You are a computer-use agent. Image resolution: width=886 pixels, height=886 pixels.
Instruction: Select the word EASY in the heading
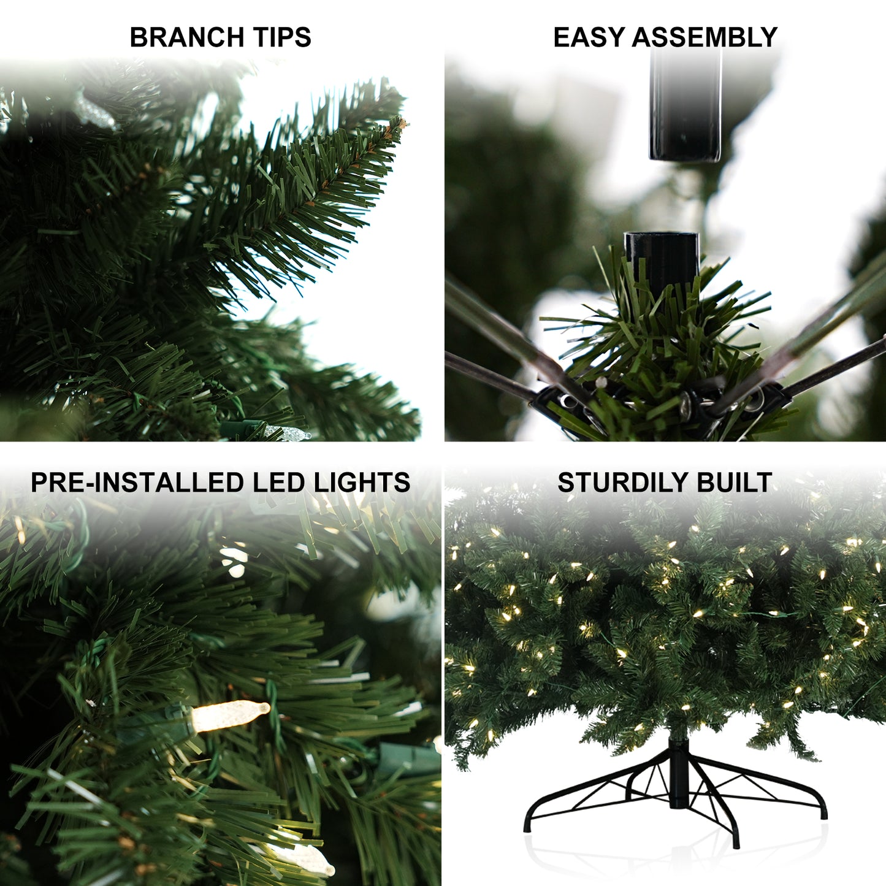pyautogui.click(x=589, y=37)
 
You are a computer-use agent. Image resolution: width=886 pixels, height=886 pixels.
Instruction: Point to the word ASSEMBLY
pyautogui.click(x=705, y=37)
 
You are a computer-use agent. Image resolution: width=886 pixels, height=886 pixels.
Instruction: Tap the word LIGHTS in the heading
pyautogui.click(x=362, y=483)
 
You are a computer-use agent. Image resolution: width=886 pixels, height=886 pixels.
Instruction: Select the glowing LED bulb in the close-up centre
pyautogui.click(x=230, y=715)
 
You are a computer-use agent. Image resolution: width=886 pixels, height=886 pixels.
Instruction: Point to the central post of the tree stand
pyautogui.click(x=678, y=773)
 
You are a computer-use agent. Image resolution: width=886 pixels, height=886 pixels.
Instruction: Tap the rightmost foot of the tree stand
pyautogui.click(x=823, y=813)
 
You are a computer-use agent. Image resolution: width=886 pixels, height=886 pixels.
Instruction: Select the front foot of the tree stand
pyautogui.click(x=735, y=842)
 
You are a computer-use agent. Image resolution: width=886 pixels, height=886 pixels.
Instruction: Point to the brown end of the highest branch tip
pyautogui.click(x=402, y=123)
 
